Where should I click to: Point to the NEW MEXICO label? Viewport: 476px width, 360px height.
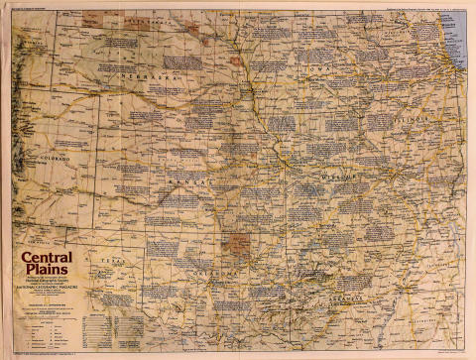tap(40, 241)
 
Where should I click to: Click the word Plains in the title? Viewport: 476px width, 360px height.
tap(44, 275)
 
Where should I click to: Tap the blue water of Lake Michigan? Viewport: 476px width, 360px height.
tap(455, 40)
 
